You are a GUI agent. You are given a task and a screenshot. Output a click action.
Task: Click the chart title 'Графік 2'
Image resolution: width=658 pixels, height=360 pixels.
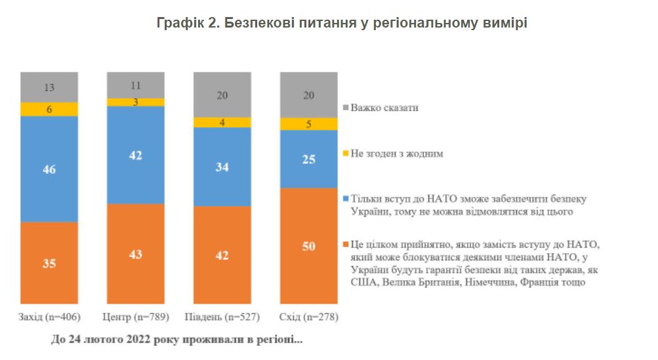[342, 23]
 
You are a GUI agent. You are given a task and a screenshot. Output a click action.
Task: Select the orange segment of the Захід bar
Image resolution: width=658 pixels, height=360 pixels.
[49, 262]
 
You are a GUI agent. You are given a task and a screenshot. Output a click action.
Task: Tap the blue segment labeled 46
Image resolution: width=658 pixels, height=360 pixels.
[49, 169]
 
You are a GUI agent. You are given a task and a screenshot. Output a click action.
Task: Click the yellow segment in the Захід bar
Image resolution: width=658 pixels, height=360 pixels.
[49, 110]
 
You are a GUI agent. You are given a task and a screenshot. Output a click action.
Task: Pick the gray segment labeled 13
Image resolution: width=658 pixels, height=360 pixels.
[49, 87]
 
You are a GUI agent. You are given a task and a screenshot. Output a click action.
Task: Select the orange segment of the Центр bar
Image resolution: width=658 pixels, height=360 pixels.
[136, 253]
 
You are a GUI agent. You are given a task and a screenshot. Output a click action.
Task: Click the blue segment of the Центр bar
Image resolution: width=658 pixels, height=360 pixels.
[136, 155]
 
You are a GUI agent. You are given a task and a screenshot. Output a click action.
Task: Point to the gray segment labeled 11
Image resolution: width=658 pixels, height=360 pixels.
[136, 85]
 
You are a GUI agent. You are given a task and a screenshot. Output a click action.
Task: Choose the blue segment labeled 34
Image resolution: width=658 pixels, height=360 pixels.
[222, 167]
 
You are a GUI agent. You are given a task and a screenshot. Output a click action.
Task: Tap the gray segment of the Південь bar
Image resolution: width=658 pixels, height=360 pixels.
[222, 94]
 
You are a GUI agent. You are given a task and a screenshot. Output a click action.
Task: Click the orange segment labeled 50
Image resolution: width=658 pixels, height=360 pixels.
[309, 246]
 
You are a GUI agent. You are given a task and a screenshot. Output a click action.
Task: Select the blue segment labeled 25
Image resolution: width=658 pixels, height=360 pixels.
[309, 159]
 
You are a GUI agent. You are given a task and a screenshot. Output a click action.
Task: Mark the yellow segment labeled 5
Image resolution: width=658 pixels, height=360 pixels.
[309, 124]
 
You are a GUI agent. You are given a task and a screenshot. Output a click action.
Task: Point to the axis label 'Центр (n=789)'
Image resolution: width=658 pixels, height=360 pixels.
[136, 318]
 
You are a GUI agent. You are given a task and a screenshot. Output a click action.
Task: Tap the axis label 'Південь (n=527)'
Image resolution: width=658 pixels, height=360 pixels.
[223, 318]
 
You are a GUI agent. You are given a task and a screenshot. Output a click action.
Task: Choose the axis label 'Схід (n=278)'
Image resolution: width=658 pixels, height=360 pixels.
[310, 318]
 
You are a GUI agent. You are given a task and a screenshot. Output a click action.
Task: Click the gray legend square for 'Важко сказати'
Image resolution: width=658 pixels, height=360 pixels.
[346, 108]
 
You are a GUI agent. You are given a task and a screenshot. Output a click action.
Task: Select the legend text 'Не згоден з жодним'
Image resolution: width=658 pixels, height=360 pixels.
[398, 153]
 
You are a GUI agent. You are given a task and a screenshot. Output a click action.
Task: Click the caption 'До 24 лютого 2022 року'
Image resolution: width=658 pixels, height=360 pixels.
[176, 341]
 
